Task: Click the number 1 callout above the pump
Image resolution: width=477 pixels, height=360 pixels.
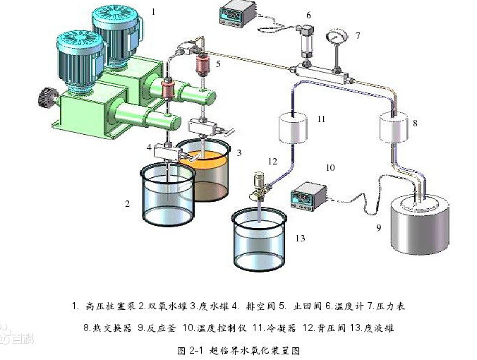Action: (x=155, y=11)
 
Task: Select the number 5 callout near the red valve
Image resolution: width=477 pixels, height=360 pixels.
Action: (x=218, y=63)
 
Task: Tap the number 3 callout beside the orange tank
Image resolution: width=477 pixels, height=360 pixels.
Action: (x=239, y=152)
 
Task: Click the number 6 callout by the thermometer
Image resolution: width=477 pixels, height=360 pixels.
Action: (x=308, y=15)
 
